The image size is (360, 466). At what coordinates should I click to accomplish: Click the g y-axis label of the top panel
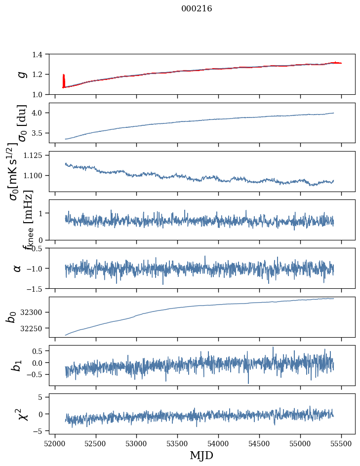coord(21,74)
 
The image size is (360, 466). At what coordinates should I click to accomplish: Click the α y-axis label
coord(17,268)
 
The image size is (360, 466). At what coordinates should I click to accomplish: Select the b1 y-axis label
coord(17,365)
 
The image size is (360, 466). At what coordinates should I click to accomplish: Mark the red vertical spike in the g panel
coord(64,80)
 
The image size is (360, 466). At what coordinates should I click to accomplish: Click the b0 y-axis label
coord(11,317)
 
